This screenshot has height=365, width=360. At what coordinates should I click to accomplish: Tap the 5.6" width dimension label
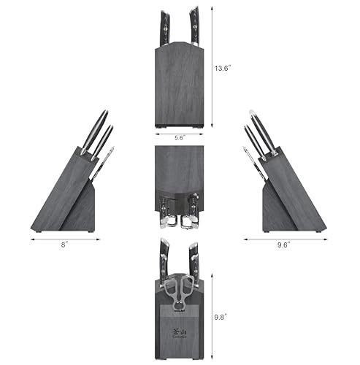point(178,137)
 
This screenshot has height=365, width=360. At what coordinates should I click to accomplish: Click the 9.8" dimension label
point(220,318)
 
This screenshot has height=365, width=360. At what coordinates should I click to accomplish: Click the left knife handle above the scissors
point(164,259)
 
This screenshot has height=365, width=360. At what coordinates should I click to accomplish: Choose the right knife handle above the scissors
point(193,259)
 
